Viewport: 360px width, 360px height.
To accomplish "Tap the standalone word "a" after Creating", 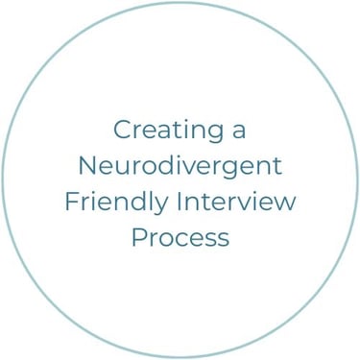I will [238, 131].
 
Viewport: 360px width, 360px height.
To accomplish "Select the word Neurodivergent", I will [180, 166].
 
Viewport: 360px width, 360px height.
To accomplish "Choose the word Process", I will [180, 237].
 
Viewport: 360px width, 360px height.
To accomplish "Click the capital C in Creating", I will [122, 130].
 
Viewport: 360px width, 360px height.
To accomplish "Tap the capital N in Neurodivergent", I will [86, 165].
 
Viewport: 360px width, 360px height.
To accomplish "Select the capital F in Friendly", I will [71, 202].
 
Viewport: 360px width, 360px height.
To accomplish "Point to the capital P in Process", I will [137, 237].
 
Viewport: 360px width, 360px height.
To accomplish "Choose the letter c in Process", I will [179, 239].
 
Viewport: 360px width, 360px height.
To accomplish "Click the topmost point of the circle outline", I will [180, 3].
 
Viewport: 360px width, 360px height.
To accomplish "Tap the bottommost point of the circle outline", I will [180, 357].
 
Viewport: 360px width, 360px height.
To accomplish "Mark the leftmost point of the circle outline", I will [3, 180].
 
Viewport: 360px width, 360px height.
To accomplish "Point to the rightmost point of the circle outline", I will [357, 180].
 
